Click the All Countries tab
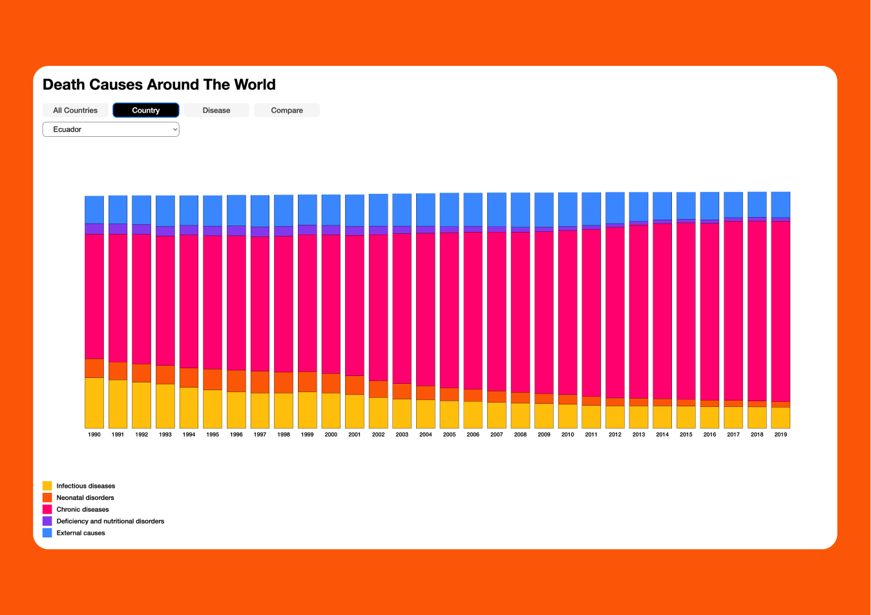click(x=75, y=110)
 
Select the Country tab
click(x=145, y=110)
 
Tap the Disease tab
click(x=216, y=110)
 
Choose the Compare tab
click(x=287, y=110)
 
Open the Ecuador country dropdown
click(x=110, y=129)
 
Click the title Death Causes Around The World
click(x=159, y=85)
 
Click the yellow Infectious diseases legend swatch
click(x=47, y=486)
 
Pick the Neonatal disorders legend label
click(x=85, y=497)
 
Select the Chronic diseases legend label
click(x=83, y=509)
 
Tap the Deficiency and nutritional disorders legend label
click(x=110, y=521)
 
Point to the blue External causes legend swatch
click(x=47, y=533)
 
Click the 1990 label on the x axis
click(x=94, y=435)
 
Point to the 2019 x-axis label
click(x=781, y=435)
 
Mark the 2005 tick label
click(x=449, y=435)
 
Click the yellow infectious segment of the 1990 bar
click(x=94, y=402)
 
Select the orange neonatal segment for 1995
click(x=213, y=379)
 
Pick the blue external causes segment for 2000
click(x=331, y=210)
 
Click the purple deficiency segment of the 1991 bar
click(x=118, y=229)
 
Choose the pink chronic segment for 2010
click(x=567, y=313)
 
